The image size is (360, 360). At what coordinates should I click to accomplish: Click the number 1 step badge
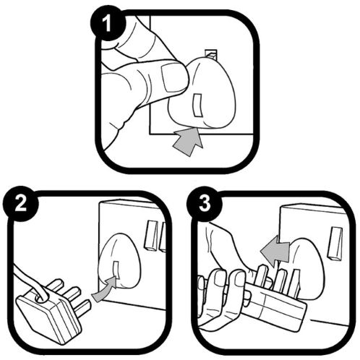click(x=108, y=23)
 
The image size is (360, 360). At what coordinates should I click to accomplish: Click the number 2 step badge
click(x=21, y=204)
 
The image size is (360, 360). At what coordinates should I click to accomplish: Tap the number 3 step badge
click(x=205, y=204)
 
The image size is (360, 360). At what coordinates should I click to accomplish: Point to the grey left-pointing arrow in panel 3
click(x=275, y=252)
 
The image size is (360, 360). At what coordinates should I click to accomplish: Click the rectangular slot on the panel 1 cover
click(x=198, y=105)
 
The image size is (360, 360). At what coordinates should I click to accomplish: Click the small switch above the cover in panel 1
click(x=211, y=55)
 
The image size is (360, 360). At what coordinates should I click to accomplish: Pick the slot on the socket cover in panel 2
click(x=116, y=270)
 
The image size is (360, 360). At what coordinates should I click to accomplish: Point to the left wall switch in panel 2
click(x=150, y=236)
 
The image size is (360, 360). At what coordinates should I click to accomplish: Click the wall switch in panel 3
click(x=335, y=244)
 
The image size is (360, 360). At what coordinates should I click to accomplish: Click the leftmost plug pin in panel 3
click(x=262, y=275)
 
